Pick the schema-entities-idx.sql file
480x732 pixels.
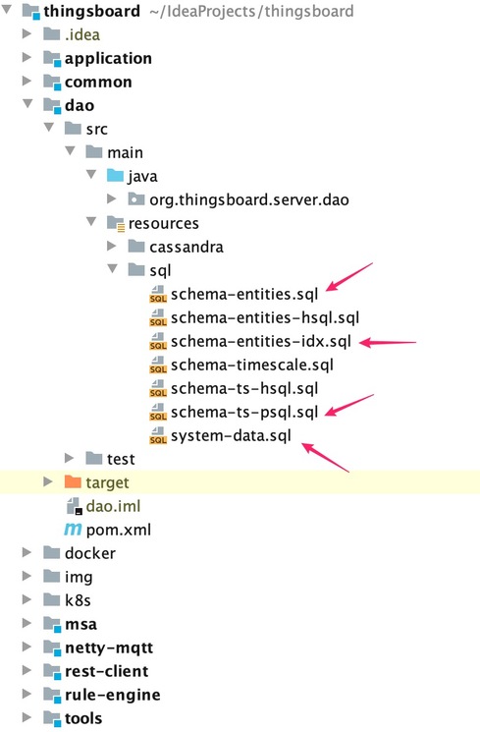click(x=258, y=342)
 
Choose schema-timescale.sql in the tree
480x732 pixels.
click(x=252, y=366)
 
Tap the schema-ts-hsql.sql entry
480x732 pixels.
click(x=244, y=388)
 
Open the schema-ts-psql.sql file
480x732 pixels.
click(x=244, y=412)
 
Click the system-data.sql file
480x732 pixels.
click(x=231, y=435)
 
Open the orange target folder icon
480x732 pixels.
click(x=73, y=482)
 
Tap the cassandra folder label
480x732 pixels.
click(x=186, y=247)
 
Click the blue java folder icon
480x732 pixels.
click(x=116, y=176)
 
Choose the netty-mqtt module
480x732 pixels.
click(x=108, y=648)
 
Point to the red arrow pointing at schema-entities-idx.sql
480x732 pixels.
click(x=389, y=343)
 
